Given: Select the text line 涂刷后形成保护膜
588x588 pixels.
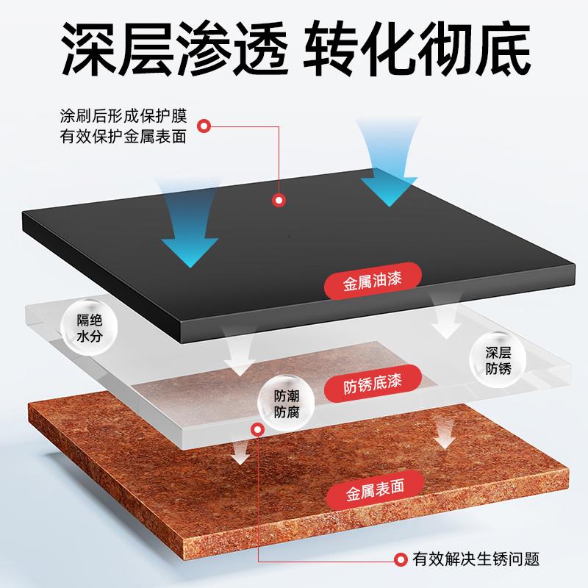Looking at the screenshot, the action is [x=125, y=117].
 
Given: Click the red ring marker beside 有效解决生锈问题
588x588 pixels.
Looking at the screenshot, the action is [x=401, y=559].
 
